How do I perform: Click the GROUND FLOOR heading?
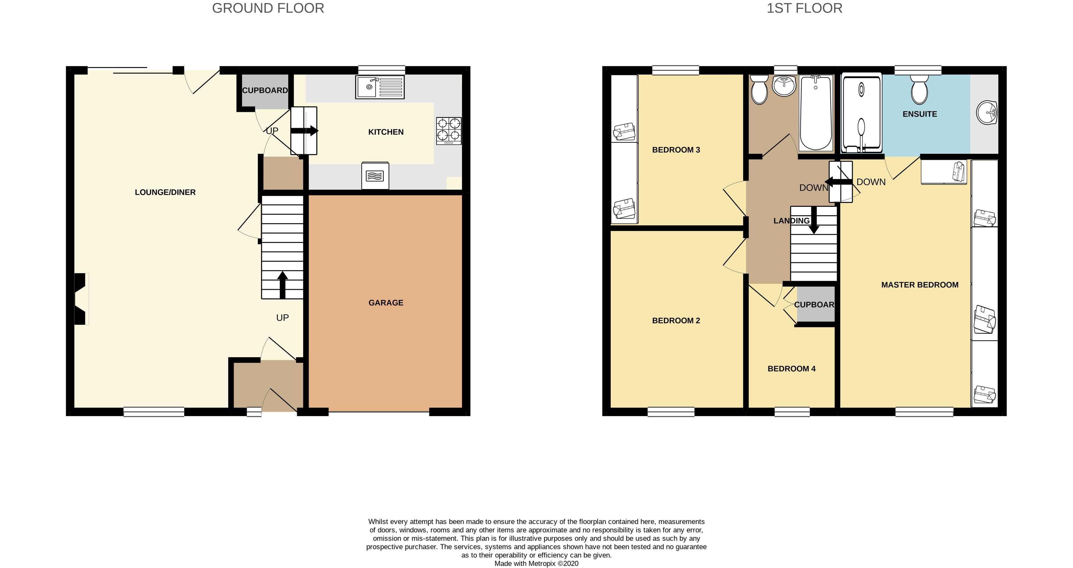tap(268, 8)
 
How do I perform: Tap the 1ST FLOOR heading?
tap(804, 8)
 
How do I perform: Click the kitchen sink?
tap(379, 87)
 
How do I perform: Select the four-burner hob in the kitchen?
tap(449, 131)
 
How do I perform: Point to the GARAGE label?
tap(386, 303)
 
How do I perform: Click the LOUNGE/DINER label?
tap(165, 192)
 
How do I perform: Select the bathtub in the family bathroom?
tap(816, 113)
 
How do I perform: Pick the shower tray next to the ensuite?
tap(861, 113)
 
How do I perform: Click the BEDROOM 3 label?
tap(676, 150)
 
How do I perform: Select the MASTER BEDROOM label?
tap(919, 285)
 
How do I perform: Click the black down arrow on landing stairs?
tap(814, 221)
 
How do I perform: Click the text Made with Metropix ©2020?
tap(536, 563)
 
